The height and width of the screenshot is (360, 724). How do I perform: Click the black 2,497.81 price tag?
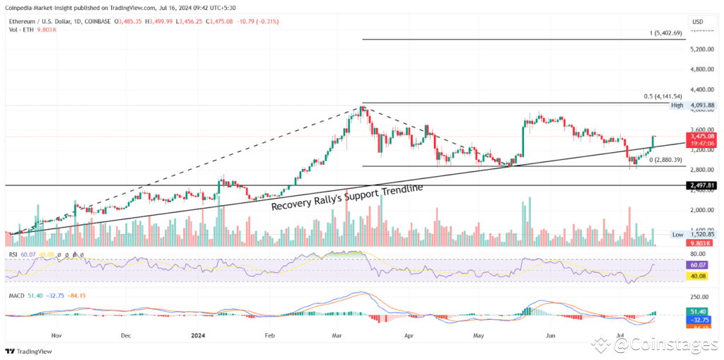click(x=700, y=185)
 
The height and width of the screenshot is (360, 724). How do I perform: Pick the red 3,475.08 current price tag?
click(x=700, y=135)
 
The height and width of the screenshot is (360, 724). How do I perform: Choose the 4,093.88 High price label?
click(x=701, y=105)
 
